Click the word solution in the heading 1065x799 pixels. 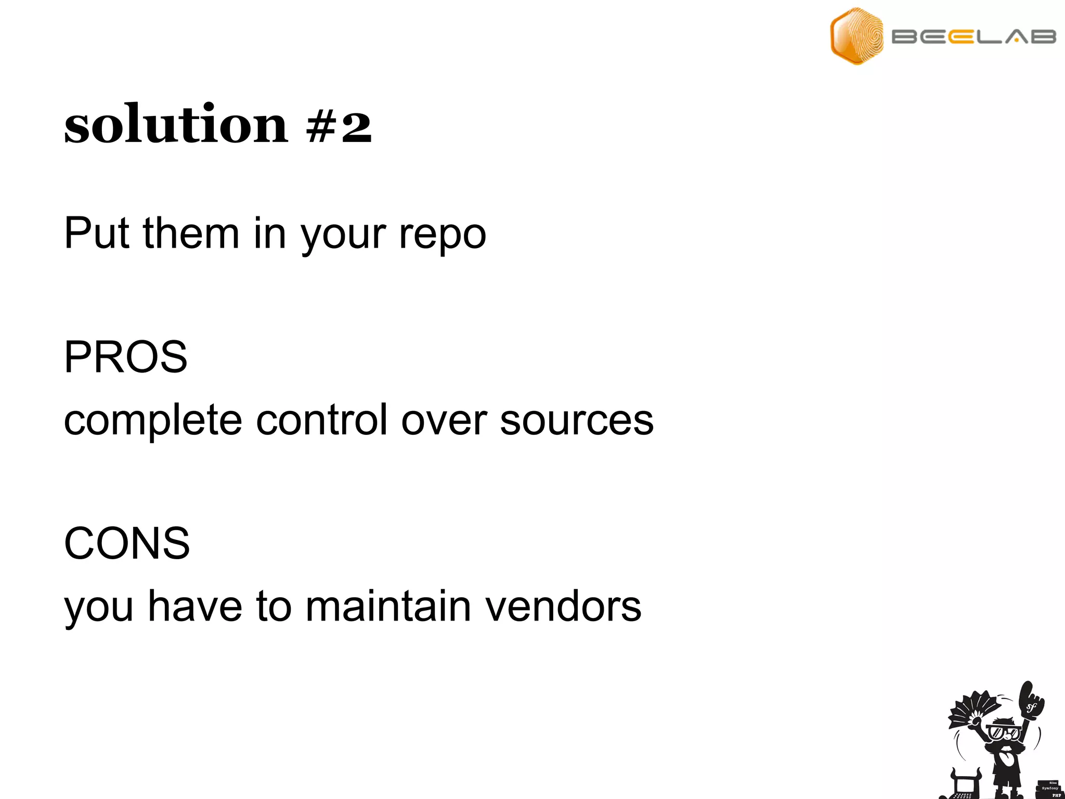click(x=175, y=125)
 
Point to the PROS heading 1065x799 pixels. click(x=125, y=357)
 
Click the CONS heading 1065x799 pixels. click(x=127, y=543)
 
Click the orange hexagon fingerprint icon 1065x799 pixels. click(x=856, y=36)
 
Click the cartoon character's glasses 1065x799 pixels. click(x=1004, y=733)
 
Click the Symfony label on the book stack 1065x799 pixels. click(x=1050, y=788)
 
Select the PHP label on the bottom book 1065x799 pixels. click(x=1056, y=795)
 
